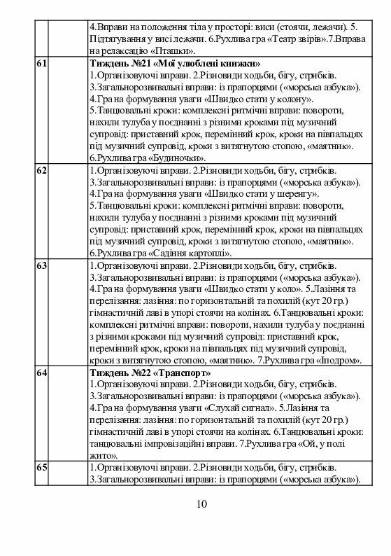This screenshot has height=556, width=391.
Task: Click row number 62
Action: coord(41,171)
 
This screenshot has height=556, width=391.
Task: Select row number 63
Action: coord(41,266)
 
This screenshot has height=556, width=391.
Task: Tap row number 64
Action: coord(41,373)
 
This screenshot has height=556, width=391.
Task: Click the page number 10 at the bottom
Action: coord(201,504)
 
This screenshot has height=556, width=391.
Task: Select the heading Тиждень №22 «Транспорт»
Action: coord(150,373)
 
